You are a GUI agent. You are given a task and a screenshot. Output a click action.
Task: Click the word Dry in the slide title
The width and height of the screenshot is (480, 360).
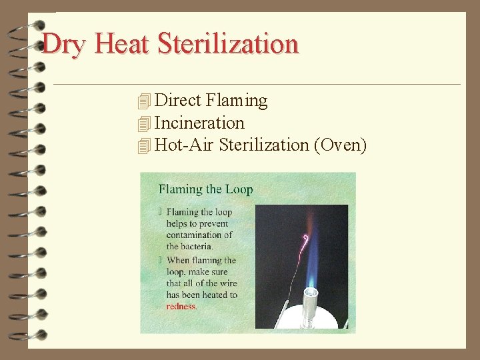65,44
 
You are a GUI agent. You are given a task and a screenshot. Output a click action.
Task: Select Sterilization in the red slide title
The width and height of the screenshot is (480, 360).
228,44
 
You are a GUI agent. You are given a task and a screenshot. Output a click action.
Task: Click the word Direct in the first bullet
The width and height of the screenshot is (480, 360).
178,101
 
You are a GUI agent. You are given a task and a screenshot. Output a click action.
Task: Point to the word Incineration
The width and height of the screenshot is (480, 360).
199,123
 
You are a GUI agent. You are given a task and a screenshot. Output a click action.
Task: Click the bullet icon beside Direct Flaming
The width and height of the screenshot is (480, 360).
143,101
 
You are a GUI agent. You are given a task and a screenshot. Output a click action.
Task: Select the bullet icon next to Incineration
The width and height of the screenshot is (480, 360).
143,123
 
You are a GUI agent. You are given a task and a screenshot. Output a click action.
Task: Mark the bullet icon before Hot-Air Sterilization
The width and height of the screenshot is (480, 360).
143,145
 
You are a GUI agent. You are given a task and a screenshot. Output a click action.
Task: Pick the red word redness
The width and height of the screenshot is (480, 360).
181,307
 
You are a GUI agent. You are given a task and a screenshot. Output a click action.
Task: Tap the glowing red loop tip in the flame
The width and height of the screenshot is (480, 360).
306,238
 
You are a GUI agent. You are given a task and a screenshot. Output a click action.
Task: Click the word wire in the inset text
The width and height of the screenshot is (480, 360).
227,283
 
